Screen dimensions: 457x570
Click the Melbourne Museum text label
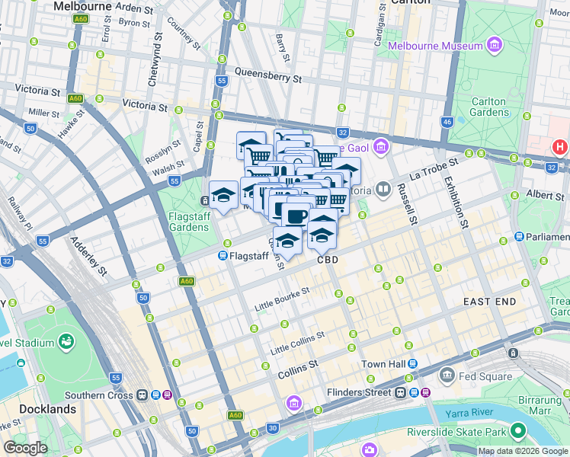pyautogui.click(x=436, y=46)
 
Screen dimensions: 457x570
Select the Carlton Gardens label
pyautogui.click(x=488, y=107)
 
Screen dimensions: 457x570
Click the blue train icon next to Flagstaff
pyautogui.click(x=223, y=256)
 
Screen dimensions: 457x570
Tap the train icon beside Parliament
pyautogui.click(x=519, y=237)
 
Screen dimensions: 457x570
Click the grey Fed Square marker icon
pyautogui.click(x=447, y=375)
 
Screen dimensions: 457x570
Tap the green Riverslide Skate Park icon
pyautogui.click(x=519, y=430)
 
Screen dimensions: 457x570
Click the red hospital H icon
pyautogui.click(x=560, y=147)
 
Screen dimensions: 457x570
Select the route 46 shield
pyautogui.click(x=447, y=122)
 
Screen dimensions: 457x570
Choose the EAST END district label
pyautogui.click(x=490, y=302)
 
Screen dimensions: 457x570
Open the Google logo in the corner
pyautogui.click(x=25, y=448)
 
